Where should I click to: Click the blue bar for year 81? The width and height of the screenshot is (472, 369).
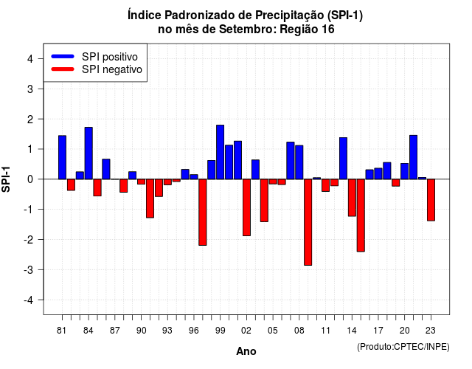pos(62,157)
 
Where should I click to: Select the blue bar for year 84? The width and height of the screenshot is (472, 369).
pos(88,154)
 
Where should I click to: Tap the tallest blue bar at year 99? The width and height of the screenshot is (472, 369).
pos(220,152)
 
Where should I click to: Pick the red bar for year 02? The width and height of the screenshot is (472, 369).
pos(246,207)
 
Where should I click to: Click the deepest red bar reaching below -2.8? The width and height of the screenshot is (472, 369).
pos(308,222)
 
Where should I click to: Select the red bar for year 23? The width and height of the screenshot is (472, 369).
pos(431,200)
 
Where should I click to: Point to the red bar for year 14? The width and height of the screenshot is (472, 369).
pos(352,198)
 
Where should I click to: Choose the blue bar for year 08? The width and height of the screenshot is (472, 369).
pos(299,162)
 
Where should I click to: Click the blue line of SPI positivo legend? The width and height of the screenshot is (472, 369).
pos(63,56)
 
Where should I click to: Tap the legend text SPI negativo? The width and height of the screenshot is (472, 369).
pos(112,69)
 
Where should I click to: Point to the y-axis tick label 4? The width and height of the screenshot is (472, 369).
pos(30,59)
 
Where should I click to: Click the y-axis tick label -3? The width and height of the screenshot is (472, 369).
pos(29,270)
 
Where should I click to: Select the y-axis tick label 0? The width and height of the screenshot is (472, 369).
pos(30,179)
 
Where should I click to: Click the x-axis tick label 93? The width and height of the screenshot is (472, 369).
pos(167,331)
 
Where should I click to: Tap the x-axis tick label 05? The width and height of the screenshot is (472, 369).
pos(273,331)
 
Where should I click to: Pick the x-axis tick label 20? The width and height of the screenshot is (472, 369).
pos(405,331)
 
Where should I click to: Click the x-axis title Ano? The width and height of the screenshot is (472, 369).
pos(246,351)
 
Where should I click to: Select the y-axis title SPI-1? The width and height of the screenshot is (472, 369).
pos(6,179)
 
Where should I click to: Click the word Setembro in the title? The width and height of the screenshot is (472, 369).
pos(246,30)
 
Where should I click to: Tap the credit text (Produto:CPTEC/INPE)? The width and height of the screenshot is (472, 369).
pos(403,347)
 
